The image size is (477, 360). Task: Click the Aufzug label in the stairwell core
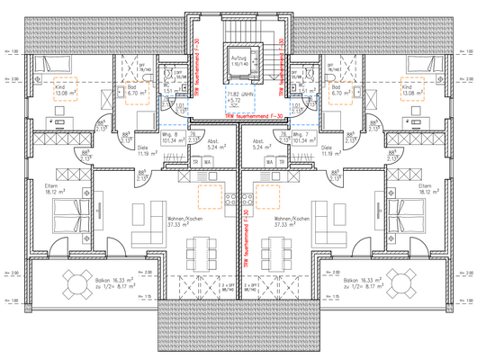[x=238, y=58]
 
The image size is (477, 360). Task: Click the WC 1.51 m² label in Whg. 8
[x=169, y=90]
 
